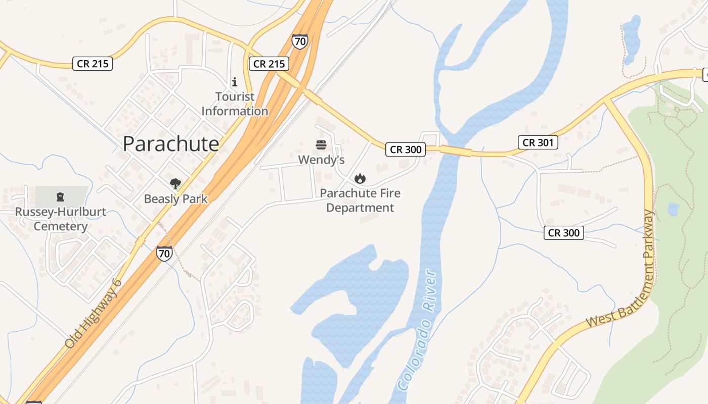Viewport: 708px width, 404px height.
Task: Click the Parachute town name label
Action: [171, 144]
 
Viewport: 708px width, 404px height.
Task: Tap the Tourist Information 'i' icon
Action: [234, 81]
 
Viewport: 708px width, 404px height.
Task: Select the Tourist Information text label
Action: [235, 104]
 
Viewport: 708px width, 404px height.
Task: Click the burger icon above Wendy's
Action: [321, 145]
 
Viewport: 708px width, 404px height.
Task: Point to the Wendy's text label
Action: [321, 160]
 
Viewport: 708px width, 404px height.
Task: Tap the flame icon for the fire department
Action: [360, 178]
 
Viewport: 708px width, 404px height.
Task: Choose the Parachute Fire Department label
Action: [360, 200]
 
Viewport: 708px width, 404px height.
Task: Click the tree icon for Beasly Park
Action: [175, 184]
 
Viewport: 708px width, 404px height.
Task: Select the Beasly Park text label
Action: [175, 199]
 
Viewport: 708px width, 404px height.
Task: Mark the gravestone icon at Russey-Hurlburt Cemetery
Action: [60, 196]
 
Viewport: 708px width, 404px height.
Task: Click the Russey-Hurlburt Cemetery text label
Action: [60, 219]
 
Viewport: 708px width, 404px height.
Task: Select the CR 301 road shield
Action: [538, 142]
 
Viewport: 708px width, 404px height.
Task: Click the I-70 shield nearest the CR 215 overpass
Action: [299, 41]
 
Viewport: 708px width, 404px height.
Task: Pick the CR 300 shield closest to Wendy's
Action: [405, 149]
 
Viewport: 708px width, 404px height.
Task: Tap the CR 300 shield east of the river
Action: [564, 233]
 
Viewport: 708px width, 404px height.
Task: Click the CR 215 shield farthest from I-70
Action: [92, 64]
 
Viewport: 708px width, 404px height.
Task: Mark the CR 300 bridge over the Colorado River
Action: [455, 150]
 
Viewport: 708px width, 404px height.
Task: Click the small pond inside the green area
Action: [673, 209]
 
